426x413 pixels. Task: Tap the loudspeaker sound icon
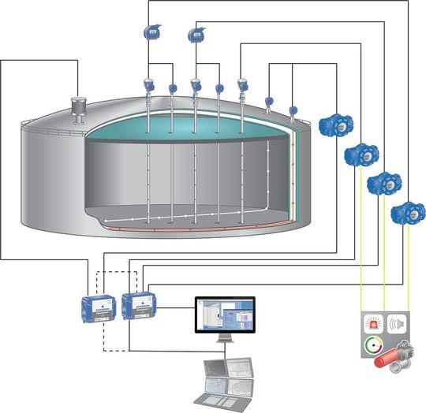397,324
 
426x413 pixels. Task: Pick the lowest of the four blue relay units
407,212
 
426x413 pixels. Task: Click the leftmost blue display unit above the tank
150,32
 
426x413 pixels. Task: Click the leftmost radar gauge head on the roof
148,85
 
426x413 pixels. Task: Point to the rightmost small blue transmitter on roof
293,111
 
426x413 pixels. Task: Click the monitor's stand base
225,344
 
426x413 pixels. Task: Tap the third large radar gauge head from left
242,84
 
